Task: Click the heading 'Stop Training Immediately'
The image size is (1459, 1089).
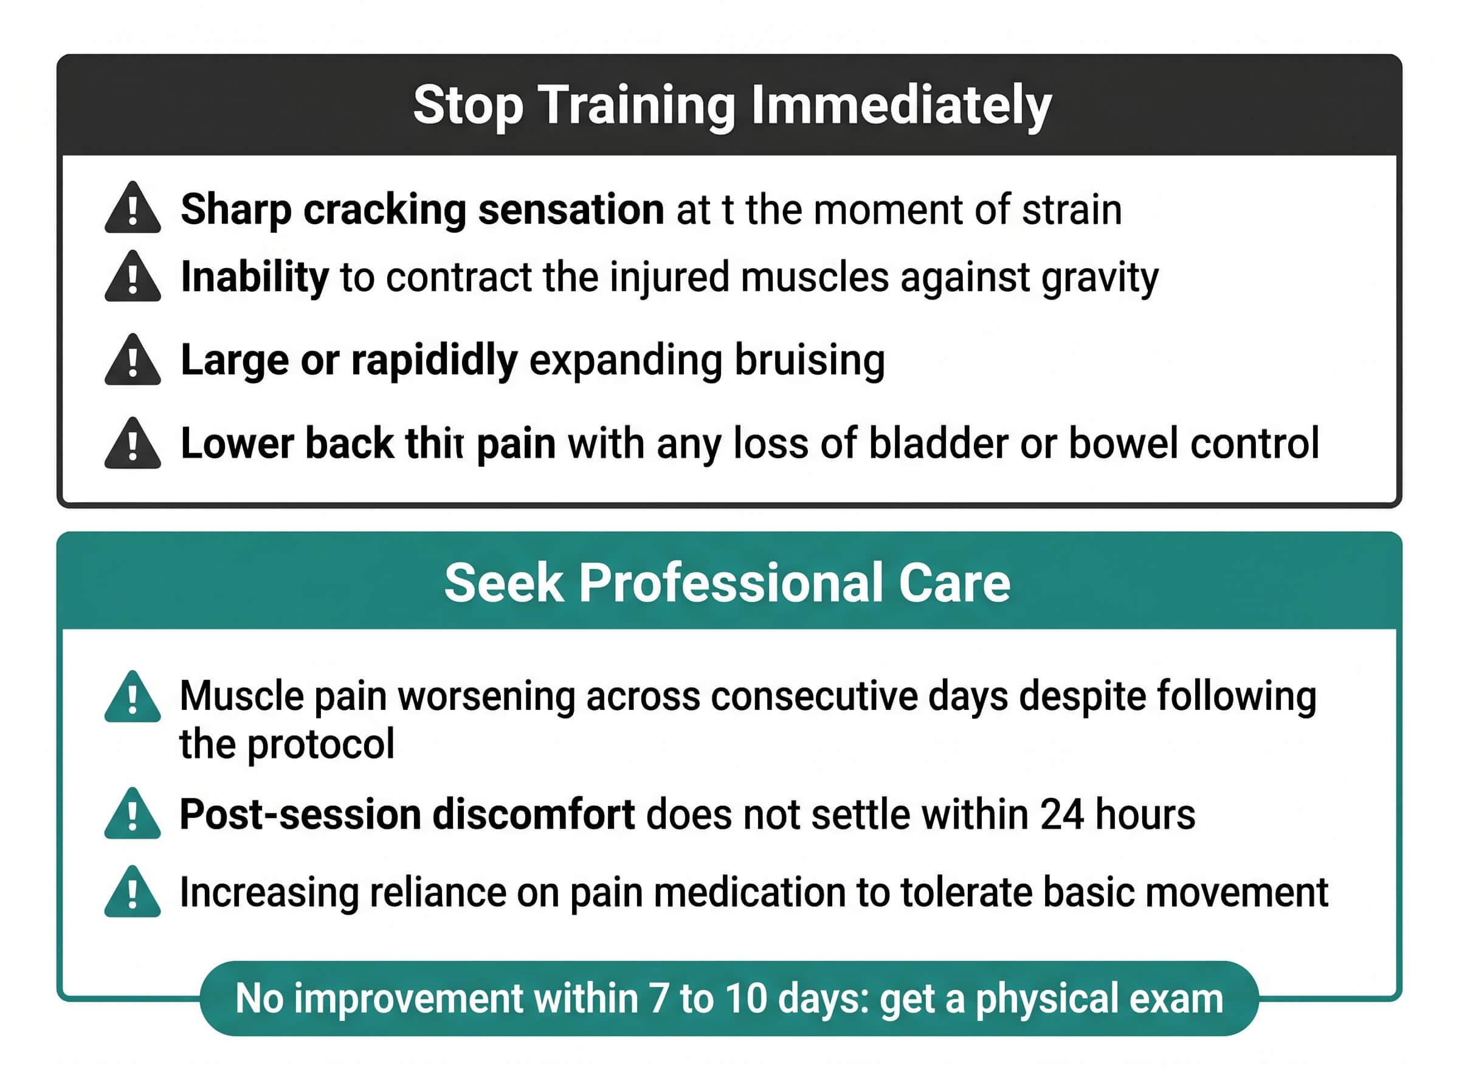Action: (x=732, y=106)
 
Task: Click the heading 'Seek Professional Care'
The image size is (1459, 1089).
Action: (x=727, y=583)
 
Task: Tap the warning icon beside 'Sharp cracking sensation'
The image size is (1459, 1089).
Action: (x=133, y=208)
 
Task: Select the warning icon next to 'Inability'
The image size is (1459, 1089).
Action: (x=133, y=277)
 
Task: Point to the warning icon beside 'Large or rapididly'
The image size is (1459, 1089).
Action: (x=133, y=360)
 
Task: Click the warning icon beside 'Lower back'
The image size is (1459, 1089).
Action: (x=133, y=443)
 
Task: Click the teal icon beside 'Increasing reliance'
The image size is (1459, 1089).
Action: (x=133, y=891)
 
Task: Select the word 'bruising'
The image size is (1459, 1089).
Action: (x=810, y=361)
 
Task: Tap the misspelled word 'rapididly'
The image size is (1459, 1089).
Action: (x=435, y=361)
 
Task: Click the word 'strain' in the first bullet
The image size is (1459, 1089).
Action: (x=1071, y=210)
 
